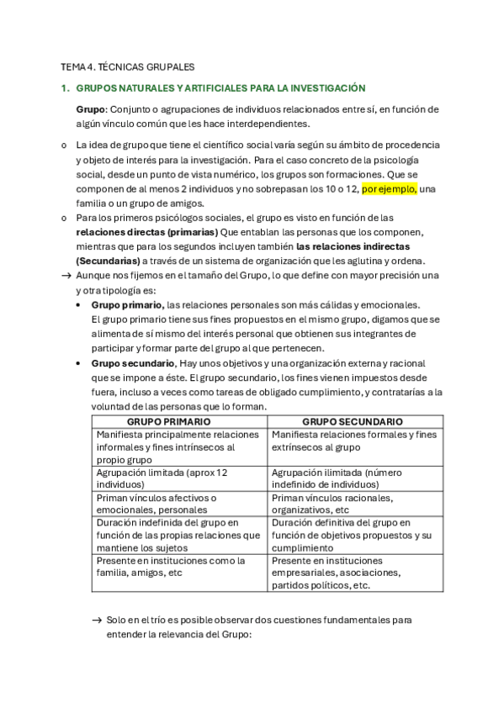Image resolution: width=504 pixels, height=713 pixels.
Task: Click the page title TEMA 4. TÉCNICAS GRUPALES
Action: (x=127, y=66)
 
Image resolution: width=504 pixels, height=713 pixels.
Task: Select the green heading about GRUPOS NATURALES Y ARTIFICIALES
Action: (x=220, y=87)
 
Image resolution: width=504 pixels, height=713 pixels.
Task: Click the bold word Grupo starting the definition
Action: (x=90, y=109)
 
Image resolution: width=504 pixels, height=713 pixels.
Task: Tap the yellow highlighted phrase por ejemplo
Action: (x=390, y=189)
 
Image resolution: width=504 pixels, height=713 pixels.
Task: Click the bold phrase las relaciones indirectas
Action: (x=353, y=246)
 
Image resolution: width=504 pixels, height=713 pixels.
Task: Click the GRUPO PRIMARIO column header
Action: (x=179, y=422)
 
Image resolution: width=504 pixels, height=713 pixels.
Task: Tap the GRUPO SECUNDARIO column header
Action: (x=353, y=422)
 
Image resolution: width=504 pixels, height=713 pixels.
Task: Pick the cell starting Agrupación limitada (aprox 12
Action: (x=179, y=478)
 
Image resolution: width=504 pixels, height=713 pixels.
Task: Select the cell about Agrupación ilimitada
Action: (x=353, y=478)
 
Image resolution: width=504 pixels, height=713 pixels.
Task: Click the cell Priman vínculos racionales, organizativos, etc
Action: (x=353, y=503)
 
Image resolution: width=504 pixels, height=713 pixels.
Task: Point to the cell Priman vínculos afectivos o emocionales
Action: (x=179, y=503)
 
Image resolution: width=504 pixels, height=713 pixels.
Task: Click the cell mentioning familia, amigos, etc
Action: (x=179, y=567)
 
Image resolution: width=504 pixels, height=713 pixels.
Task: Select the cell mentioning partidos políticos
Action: (x=353, y=573)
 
